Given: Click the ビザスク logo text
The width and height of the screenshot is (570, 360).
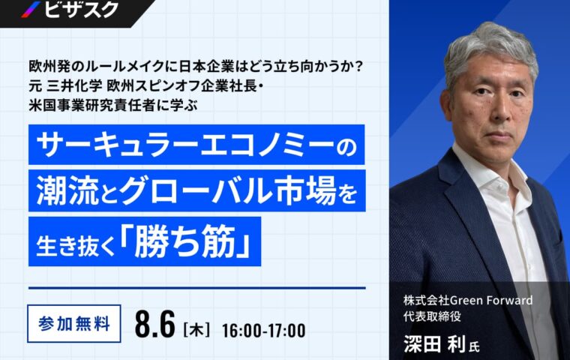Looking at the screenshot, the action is (82, 8).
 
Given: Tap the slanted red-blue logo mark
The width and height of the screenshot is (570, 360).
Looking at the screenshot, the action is (31, 9).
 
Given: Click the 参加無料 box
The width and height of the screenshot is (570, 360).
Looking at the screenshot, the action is (74, 324).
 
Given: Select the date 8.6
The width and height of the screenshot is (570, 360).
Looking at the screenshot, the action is (155, 324).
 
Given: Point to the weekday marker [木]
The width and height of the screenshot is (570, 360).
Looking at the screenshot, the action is (196, 329).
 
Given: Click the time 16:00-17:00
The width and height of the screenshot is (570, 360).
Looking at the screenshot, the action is (263, 331).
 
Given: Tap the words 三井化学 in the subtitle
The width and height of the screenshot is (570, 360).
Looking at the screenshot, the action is (74, 86).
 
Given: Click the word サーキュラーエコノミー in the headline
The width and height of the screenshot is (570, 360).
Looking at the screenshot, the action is (185, 145).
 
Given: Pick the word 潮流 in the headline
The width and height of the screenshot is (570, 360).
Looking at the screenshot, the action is (67, 191).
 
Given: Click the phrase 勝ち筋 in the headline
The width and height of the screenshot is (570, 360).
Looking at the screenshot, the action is (186, 241).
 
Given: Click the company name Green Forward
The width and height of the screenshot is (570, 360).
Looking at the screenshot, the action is (491, 300).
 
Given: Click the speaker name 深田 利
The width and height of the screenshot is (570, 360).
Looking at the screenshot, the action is (435, 343).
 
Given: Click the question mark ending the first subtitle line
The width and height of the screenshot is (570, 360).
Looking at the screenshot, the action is (358, 67).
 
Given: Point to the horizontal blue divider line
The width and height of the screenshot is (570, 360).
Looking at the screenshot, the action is (196, 288).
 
